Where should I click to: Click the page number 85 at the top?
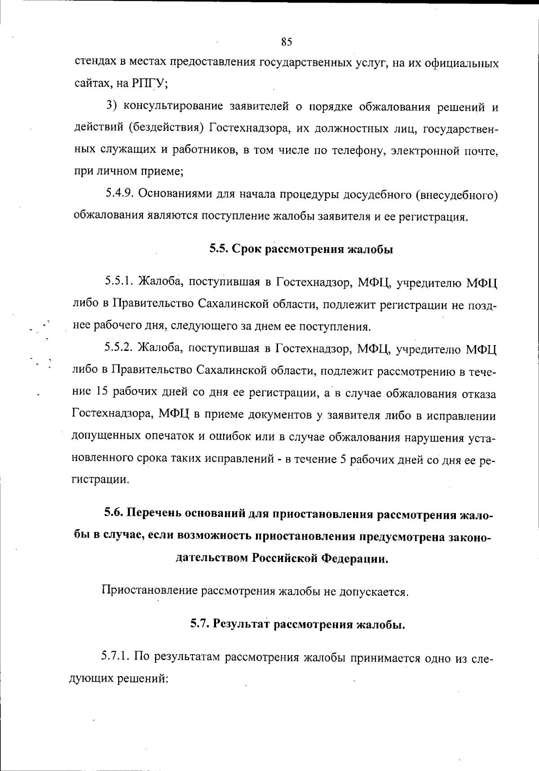click(287, 42)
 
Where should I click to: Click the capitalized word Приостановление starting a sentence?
click(149, 590)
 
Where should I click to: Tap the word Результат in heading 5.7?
click(242, 624)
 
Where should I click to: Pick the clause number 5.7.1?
click(115, 657)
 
